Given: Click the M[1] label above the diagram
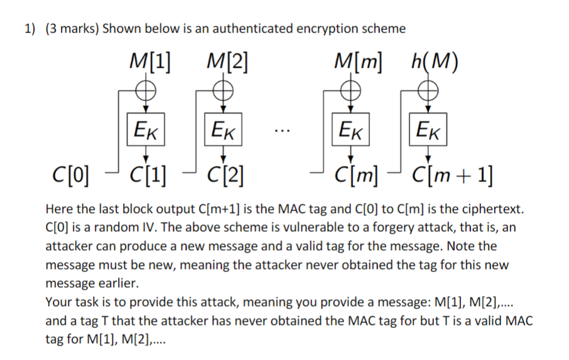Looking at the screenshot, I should coord(151,62).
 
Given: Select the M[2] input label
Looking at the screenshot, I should coord(227,62).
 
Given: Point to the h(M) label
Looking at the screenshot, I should coord(433,62).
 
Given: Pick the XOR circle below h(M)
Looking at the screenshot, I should coord(428,91).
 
